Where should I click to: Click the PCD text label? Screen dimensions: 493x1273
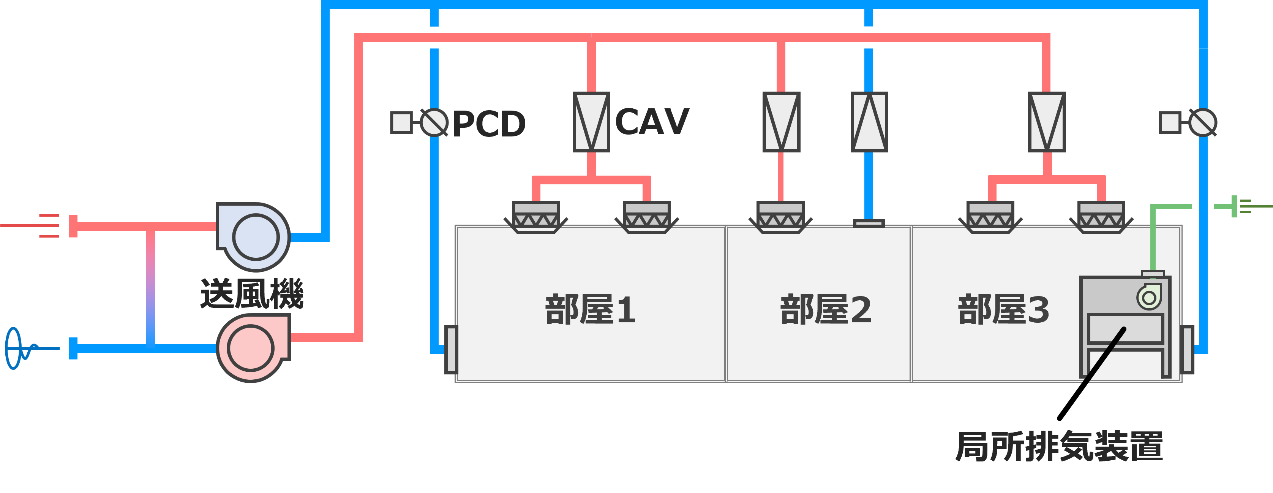click(488, 124)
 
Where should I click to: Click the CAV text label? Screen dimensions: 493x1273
click(652, 122)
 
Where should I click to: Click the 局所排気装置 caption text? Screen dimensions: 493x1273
click(1059, 446)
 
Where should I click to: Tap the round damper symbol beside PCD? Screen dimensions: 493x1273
click(433, 122)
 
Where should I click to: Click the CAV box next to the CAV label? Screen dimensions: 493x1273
click(591, 122)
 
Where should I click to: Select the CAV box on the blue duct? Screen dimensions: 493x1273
click(869, 122)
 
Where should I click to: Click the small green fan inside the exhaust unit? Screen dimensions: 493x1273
click(1149, 297)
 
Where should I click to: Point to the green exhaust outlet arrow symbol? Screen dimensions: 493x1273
click(1240, 206)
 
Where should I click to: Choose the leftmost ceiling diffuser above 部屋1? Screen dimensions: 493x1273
click(536, 217)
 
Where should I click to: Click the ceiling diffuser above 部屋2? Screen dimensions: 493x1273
click(780, 217)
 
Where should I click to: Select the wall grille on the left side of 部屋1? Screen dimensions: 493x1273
click(451, 349)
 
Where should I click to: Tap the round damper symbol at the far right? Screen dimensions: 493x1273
click(1202, 122)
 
